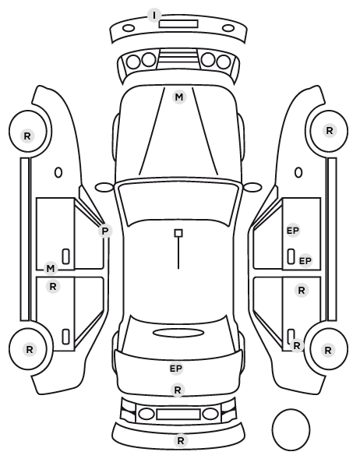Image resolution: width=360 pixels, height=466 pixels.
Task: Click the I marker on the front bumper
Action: coord(154,15)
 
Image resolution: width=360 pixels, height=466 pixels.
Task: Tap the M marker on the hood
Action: coord(179,97)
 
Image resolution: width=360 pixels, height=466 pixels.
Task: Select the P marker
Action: coord(105,231)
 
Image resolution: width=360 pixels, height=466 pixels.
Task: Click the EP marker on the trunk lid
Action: coord(176,369)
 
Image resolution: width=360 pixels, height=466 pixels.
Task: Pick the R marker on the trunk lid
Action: coord(178,390)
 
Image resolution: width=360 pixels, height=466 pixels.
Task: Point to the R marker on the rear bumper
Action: coord(181,441)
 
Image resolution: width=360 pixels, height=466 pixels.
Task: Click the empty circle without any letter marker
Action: coord(291,410)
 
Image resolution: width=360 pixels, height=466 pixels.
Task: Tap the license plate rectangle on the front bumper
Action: coord(178,24)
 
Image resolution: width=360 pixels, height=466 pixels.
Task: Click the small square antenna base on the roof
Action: coord(178,233)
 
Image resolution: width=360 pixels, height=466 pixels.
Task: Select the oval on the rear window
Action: coord(178,333)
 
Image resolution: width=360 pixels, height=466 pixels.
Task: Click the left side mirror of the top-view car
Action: coord(104,188)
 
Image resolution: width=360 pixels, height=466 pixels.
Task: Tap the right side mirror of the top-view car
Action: coord(252,187)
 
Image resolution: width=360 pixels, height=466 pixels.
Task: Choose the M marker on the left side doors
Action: coord(51,269)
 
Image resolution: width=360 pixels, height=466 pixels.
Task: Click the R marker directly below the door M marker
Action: coord(53,287)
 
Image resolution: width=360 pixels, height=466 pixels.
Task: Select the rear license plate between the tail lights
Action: coord(178,415)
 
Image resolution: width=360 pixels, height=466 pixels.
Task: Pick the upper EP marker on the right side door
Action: coord(293,231)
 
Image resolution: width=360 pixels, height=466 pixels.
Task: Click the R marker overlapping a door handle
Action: coord(297,346)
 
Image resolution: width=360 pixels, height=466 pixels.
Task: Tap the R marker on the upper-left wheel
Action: coord(27,136)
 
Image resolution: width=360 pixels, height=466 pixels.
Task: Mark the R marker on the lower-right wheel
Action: coord(328,351)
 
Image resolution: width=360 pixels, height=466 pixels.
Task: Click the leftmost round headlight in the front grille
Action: coord(133,62)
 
